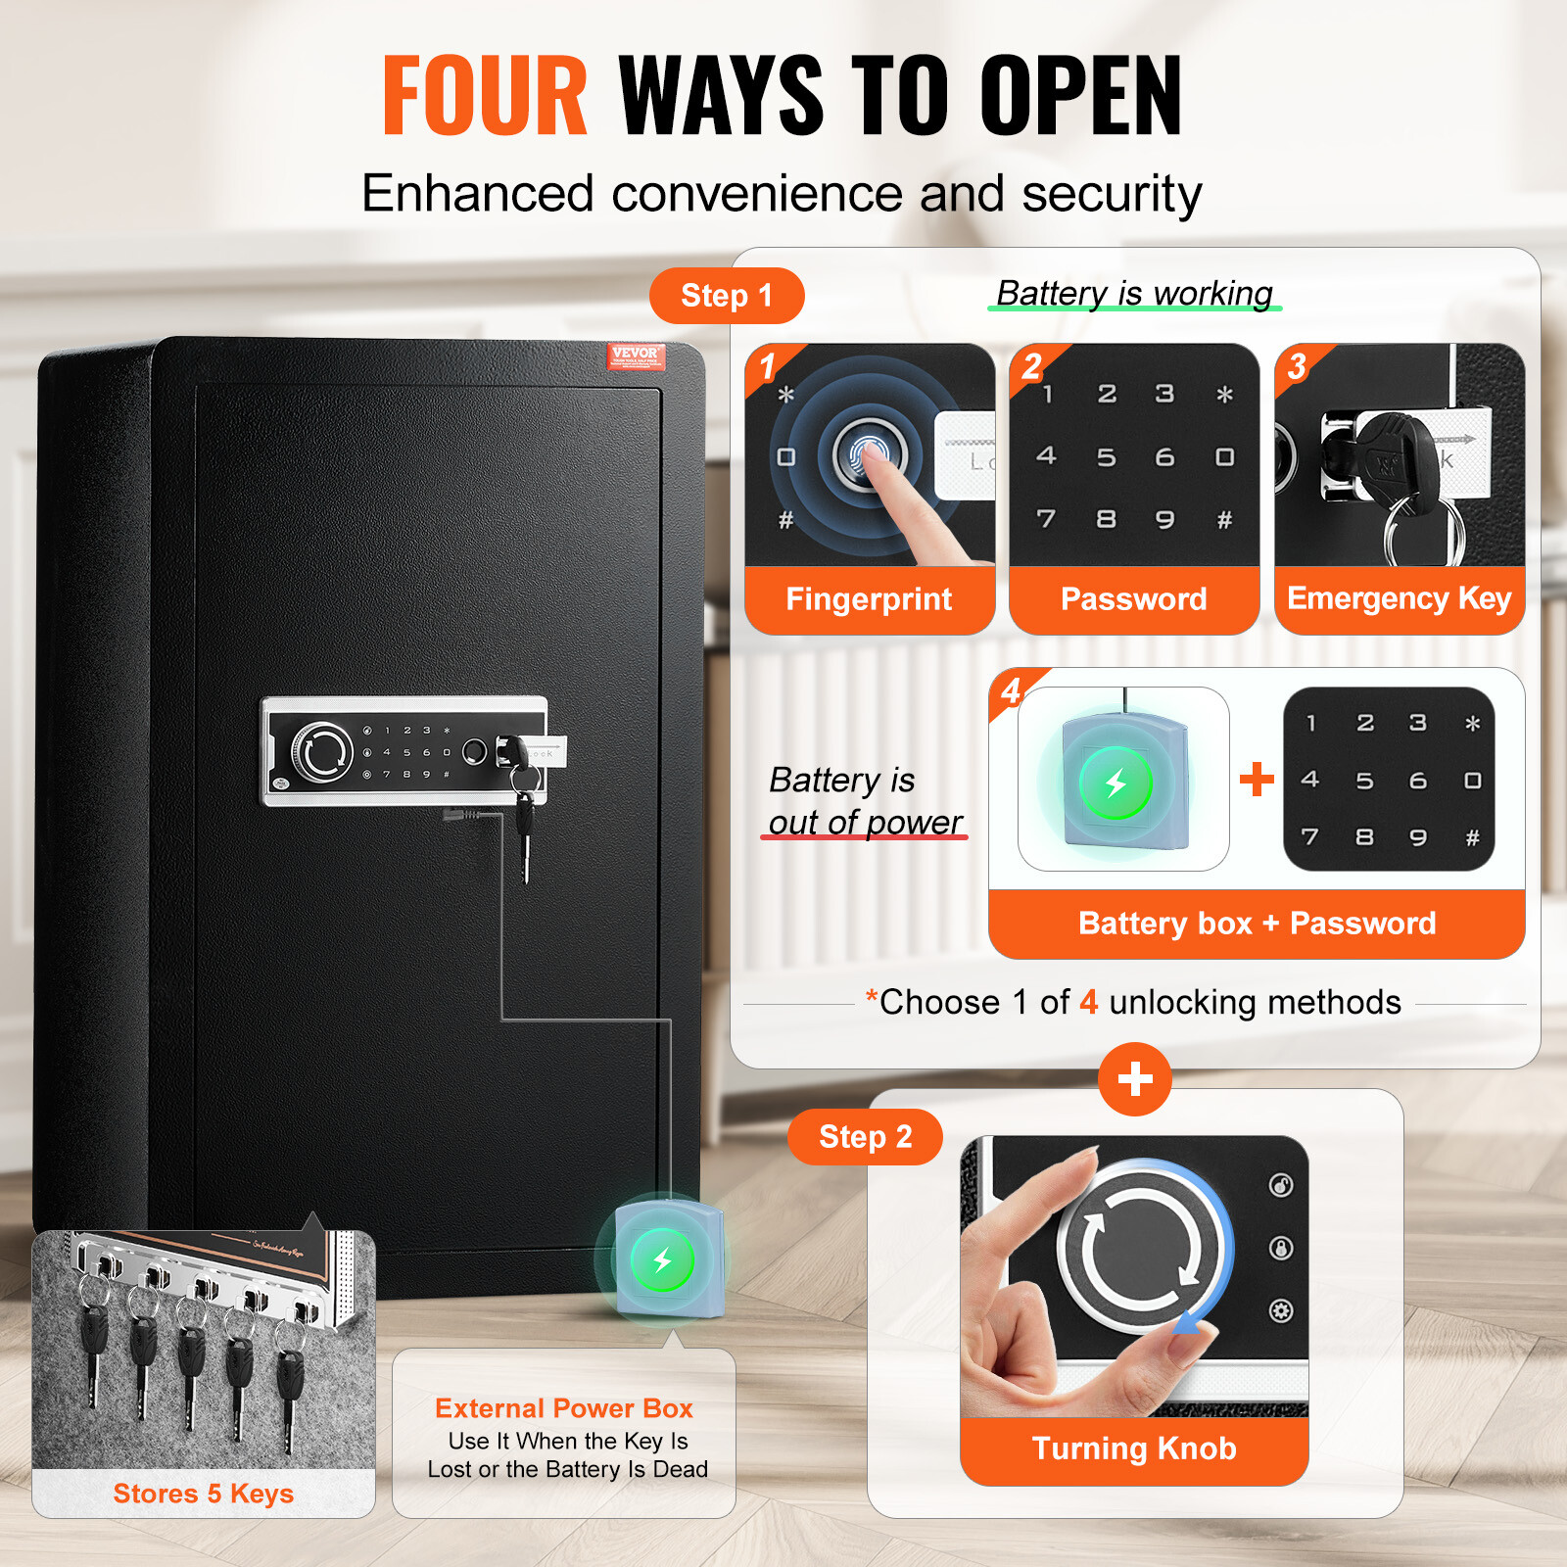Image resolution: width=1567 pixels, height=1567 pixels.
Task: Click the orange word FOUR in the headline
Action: [485, 95]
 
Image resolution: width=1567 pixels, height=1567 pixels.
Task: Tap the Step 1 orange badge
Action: [727, 296]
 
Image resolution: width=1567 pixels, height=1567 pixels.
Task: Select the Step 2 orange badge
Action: [865, 1137]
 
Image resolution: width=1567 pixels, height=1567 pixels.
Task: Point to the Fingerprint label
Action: [869, 599]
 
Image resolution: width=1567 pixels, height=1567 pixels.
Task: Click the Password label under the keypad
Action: [1133, 599]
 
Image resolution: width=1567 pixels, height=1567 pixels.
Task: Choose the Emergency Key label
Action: [1399, 598]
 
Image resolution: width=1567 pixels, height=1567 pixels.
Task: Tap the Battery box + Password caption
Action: [1257, 924]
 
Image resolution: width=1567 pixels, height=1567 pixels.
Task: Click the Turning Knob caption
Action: [1134, 1448]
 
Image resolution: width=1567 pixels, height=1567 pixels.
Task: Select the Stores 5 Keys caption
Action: [203, 1494]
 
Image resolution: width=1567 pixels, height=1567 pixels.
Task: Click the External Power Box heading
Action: [564, 1408]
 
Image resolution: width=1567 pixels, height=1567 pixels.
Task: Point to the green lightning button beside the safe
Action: [663, 1260]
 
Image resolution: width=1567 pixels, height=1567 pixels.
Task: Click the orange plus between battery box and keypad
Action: [1257, 780]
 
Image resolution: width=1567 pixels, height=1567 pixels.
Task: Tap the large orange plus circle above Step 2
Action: [1134, 1079]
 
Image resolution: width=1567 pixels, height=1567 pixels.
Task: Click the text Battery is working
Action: [1134, 293]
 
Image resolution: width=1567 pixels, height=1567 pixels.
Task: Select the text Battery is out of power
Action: [865, 801]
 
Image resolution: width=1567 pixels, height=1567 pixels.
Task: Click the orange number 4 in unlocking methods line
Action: [1088, 1003]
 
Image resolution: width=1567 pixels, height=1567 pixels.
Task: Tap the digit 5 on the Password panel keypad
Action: [1106, 457]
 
